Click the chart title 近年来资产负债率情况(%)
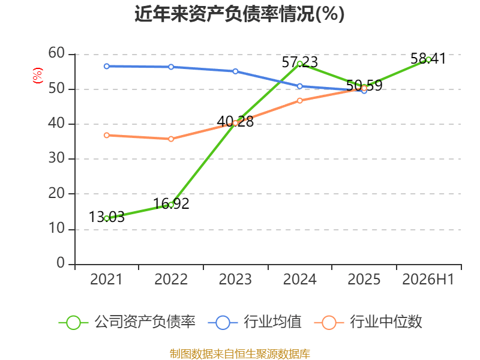point(239,14)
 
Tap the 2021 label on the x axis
point(106,279)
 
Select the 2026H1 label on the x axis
point(428,279)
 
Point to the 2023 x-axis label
point(235,279)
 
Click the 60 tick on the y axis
point(56,53)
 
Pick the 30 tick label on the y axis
point(56,158)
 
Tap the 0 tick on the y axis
point(61,263)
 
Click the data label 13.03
point(107,217)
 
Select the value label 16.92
point(171,203)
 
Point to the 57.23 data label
point(299,62)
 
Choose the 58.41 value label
point(428,58)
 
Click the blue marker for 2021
point(107,66)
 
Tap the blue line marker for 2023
point(235,71)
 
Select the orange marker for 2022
point(171,139)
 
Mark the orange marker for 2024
point(299,101)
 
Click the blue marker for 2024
point(299,86)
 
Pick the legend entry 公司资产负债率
point(127,322)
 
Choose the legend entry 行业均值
point(254,322)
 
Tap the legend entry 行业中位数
point(368,322)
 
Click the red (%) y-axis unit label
point(38,76)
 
